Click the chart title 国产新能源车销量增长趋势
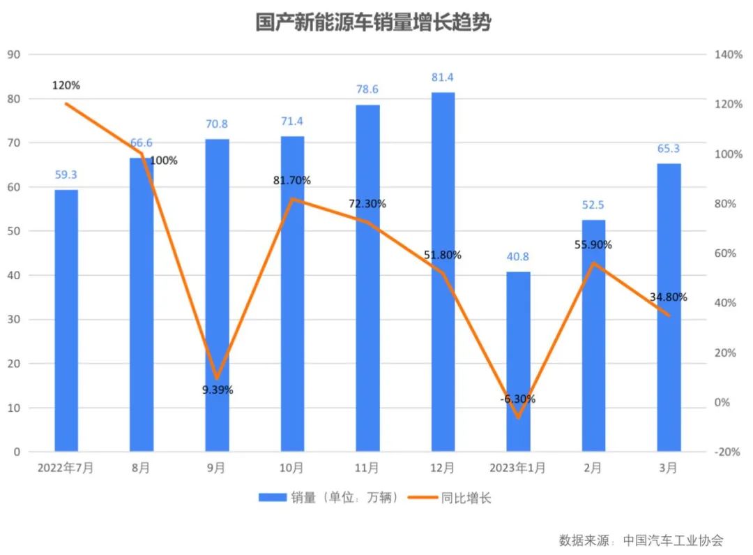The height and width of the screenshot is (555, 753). (373, 23)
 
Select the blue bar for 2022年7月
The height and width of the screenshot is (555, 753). (66, 321)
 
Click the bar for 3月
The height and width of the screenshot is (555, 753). (669, 307)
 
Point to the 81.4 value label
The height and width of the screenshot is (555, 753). (443, 77)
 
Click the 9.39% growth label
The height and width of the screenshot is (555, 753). (218, 390)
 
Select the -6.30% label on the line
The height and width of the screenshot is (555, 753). (518, 399)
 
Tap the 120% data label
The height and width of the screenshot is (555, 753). (66, 85)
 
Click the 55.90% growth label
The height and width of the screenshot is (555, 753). (593, 244)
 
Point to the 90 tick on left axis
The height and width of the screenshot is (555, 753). (13, 54)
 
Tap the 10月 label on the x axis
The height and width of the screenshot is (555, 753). (291, 468)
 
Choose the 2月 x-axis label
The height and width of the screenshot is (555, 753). (593, 468)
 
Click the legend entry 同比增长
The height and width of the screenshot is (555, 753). (466, 498)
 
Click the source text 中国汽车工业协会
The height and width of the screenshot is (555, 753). (673, 540)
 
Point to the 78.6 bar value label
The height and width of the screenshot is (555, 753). (367, 90)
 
